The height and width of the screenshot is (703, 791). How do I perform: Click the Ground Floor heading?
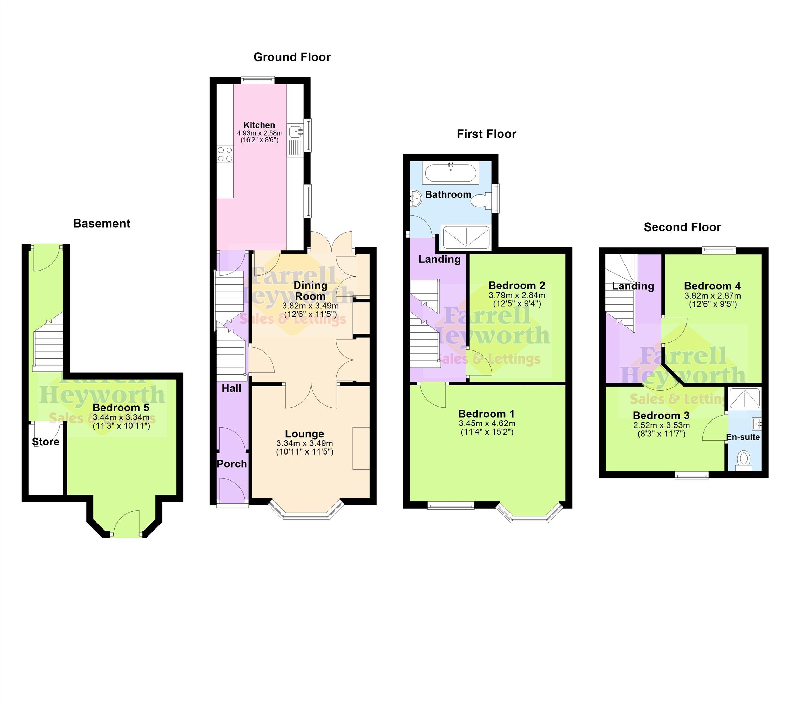292,57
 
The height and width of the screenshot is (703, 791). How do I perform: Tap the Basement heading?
102,224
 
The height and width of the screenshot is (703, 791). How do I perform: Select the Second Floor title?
682,227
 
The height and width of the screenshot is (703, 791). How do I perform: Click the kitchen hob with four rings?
225,154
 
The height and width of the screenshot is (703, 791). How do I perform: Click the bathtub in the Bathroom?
451,172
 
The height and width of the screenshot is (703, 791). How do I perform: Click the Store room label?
45,442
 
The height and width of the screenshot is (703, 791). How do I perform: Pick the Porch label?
232,464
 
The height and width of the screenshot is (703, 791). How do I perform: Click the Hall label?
231,388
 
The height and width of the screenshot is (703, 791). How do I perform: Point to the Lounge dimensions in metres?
305,443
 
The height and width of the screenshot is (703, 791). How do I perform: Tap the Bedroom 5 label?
121,408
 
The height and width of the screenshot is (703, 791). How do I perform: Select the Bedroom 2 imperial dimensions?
517,304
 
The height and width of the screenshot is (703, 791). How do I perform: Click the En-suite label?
743,437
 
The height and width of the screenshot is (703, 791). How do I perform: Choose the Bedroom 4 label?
712,286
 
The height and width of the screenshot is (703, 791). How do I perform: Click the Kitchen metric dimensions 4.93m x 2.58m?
260,133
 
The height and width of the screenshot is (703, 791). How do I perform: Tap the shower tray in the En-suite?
745,399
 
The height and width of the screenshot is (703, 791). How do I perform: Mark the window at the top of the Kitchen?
257,80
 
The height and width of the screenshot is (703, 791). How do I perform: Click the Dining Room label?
310,291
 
